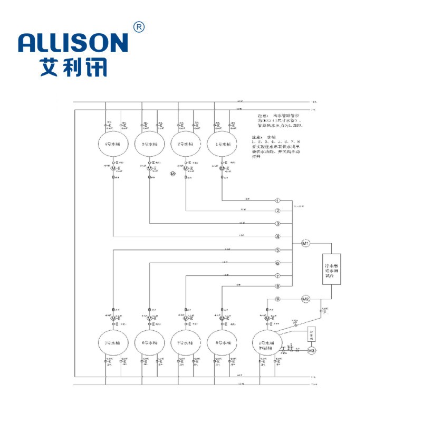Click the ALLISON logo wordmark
coord(73,43)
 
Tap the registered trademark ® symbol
coord(139,27)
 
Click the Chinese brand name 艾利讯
coord(73,68)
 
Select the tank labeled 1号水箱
coord(222,143)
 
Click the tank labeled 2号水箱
coord(186,143)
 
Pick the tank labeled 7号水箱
coord(186,343)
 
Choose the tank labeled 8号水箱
coord(222,343)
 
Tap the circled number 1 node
coord(277,201)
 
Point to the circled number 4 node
coord(277,236)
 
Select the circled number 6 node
coord(277,263)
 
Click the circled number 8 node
coord(277,286)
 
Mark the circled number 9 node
coord(277,300)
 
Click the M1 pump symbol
coord(305,243)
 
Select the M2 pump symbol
coord(305,300)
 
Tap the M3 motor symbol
coord(311,350)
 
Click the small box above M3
coord(311,334)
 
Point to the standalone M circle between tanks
coord(172,173)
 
